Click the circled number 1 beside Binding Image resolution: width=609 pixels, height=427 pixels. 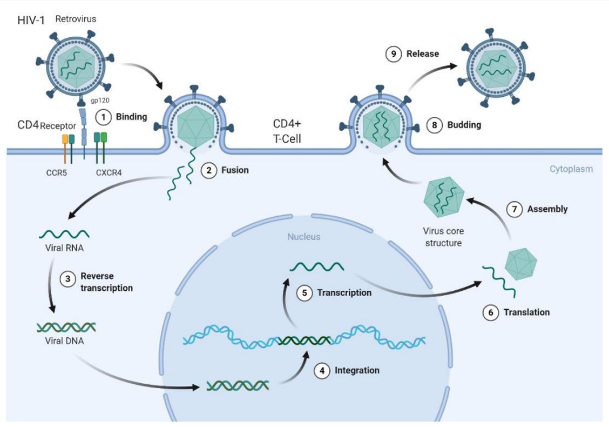coord(103,116)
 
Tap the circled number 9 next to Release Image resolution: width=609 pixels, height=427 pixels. coord(393,54)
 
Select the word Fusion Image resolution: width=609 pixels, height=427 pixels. coord(235,170)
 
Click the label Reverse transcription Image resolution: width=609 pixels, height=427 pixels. coord(106,282)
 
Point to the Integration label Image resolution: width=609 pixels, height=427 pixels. coord(357,370)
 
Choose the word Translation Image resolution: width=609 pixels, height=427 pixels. coord(526,312)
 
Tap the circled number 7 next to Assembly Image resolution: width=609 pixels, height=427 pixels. coord(514,209)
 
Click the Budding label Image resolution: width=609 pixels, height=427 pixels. coord(464,125)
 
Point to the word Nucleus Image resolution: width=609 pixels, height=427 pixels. coord(303,236)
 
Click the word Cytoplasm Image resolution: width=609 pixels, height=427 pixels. coord(571,169)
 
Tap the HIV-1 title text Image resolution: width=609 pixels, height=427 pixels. coord(31,21)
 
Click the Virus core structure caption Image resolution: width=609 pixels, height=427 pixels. coord(443,237)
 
